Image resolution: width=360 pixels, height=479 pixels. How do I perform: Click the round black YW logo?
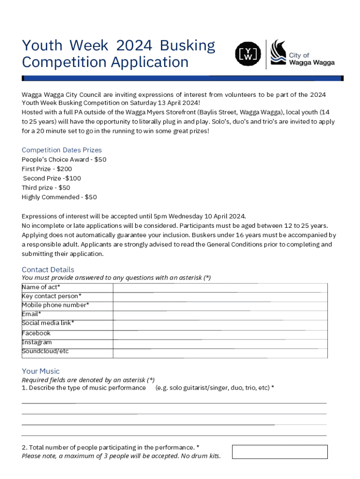pos(248,54)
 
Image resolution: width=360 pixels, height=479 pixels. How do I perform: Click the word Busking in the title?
pos(187,45)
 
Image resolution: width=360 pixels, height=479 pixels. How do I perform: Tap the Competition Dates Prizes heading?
pos(62,150)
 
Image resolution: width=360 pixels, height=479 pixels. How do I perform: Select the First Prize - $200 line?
pos(47,169)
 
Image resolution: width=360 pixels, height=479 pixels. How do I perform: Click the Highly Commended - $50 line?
pos(59,197)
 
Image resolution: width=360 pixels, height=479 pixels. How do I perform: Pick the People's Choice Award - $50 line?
pos(64,160)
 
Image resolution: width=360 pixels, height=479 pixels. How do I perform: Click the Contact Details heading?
pos(48,269)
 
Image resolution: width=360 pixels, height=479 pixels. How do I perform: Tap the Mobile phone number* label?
pos(55,305)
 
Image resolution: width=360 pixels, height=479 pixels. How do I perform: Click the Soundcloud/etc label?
pos(45,351)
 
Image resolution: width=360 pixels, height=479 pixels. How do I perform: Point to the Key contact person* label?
pos(51,296)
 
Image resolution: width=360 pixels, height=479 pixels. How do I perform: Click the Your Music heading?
pos(41,371)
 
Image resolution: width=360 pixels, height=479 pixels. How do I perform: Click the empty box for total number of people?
pos(280,452)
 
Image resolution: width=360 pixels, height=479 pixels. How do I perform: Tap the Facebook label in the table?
pos(36,333)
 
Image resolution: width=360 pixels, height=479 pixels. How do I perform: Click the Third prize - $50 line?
pos(46,188)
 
